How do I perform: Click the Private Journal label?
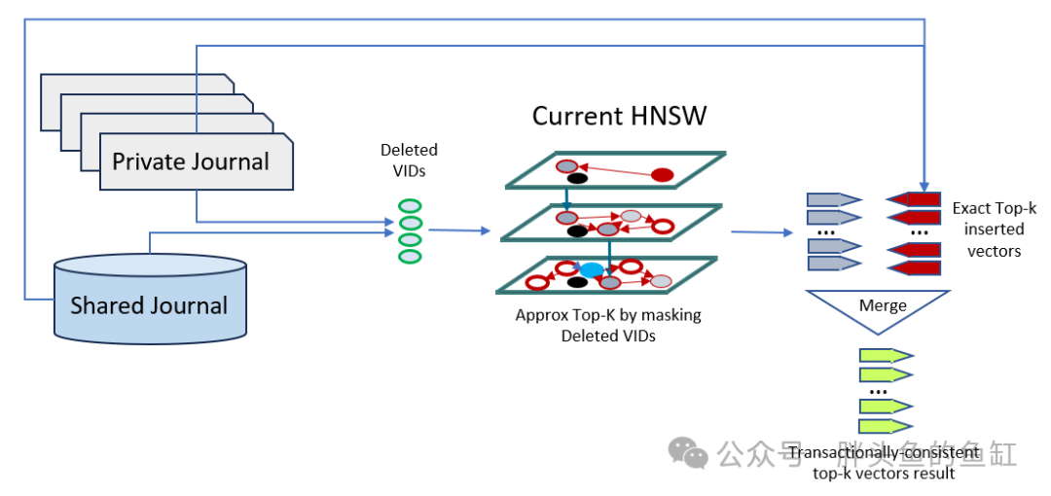(x=191, y=161)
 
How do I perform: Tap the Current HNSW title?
(x=619, y=117)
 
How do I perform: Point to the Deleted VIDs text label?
(x=409, y=159)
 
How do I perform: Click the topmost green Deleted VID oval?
(x=410, y=205)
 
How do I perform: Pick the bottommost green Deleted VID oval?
(x=410, y=256)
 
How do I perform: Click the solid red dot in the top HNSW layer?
(x=662, y=175)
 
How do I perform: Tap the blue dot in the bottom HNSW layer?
(x=592, y=269)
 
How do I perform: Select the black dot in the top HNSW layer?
(x=577, y=178)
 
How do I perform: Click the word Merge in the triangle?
(x=883, y=305)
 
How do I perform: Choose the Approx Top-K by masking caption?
(x=608, y=325)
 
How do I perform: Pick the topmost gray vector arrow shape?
(x=834, y=199)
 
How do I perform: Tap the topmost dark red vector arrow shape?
(x=914, y=199)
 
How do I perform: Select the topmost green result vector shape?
(x=885, y=355)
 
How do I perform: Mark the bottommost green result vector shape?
(x=885, y=426)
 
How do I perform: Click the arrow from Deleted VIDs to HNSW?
(x=458, y=230)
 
